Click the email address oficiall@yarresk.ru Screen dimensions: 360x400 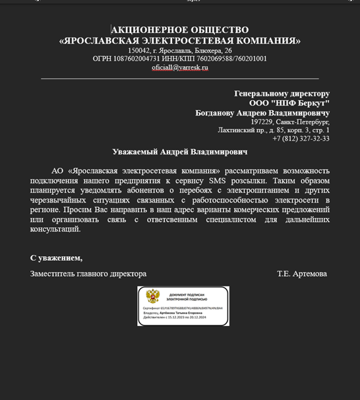coord(179,67)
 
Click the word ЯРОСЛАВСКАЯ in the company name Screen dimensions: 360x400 coord(107,40)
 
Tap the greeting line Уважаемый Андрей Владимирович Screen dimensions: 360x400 coord(179,152)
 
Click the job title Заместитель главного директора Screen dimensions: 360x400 coord(88,273)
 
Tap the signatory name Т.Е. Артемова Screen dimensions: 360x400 coord(301,273)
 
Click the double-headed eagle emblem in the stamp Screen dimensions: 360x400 coord(152,296)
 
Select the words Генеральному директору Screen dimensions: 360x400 coord(282,94)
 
